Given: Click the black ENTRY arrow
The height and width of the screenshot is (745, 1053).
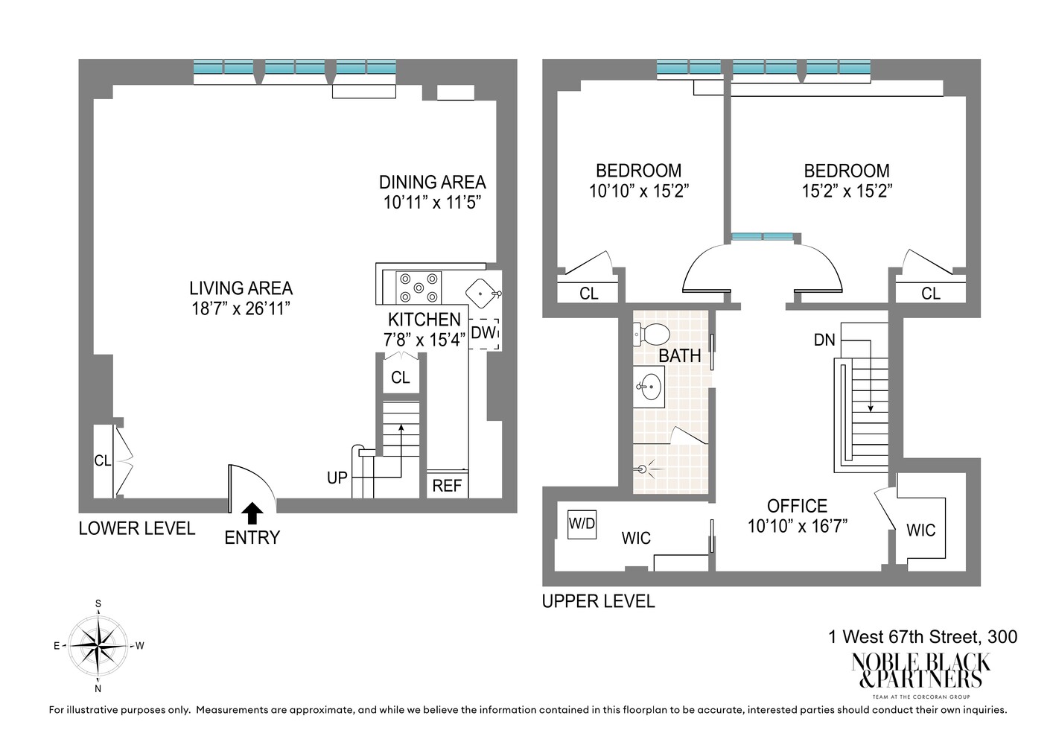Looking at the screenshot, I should [x=252, y=513].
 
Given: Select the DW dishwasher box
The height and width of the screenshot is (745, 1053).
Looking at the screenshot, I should [x=484, y=333].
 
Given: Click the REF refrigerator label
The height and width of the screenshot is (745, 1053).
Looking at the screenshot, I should [x=447, y=486].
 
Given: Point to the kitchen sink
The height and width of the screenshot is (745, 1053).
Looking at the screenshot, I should [x=482, y=292].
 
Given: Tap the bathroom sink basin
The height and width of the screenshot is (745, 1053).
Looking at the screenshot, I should [x=650, y=387].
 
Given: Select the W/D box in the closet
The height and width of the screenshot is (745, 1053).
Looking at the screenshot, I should [x=582, y=523].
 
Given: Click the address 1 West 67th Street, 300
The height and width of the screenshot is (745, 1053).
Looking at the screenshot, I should [x=922, y=637].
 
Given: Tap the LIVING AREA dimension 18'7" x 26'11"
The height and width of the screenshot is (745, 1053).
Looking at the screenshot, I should [x=241, y=308].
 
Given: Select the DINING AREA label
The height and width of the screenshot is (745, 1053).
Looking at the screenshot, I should [x=432, y=183].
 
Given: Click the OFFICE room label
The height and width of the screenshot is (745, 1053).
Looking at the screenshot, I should [x=797, y=506].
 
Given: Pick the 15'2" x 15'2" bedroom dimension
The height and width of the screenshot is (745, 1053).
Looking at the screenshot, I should [x=847, y=191].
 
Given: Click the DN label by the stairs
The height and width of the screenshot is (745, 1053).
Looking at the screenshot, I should [x=824, y=340].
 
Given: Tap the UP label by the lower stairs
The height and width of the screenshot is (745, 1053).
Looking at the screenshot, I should [x=337, y=478].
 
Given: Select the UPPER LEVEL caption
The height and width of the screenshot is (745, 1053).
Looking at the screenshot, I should [x=598, y=601].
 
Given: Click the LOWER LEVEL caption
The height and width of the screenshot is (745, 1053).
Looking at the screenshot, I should [x=137, y=529].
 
